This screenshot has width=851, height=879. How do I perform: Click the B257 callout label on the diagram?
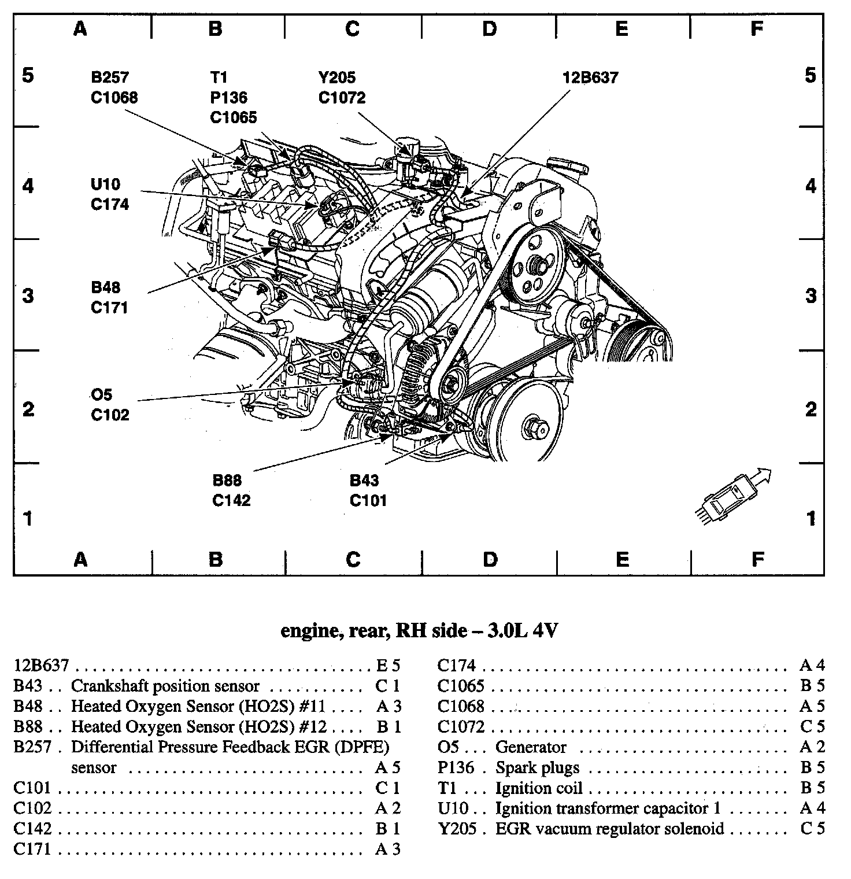pos(109,77)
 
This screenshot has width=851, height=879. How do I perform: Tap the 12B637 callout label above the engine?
pos(590,77)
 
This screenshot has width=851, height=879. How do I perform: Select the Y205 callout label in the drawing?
pos(336,77)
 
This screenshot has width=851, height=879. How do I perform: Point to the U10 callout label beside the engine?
pos(105,184)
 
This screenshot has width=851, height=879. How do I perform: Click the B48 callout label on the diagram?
pos(105,287)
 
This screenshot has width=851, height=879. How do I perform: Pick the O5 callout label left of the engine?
pos(101,394)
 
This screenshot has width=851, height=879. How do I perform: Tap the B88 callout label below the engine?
pos(227,480)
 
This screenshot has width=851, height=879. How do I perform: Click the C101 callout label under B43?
pos(368,500)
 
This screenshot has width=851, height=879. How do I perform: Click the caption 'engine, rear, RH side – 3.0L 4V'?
pos(419,630)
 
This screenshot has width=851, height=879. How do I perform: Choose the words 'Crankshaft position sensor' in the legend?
pos(165,686)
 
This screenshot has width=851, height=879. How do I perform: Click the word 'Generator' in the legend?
pos(531,747)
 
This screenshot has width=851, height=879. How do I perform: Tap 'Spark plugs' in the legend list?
pos(537,768)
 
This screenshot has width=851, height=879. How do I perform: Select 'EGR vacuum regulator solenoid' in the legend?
pos(609,829)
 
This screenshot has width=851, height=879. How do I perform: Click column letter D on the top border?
pos(489,28)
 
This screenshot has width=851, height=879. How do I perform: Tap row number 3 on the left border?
pos(28,296)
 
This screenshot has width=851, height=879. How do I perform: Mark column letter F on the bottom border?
pos(757,559)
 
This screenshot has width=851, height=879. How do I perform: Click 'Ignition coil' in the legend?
pos(539,788)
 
